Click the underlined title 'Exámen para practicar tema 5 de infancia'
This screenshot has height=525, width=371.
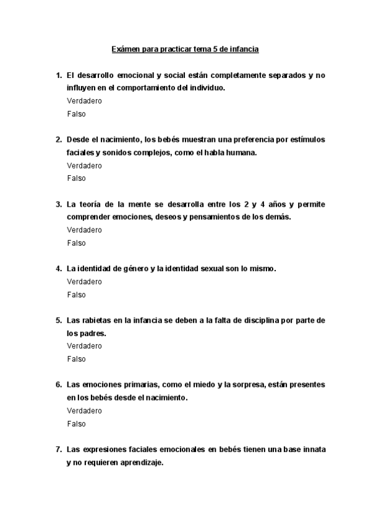(x=185, y=48)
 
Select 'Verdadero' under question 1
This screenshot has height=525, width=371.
(x=84, y=101)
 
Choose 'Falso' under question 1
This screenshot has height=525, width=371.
(x=76, y=114)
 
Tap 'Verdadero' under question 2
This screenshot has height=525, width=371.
(x=84, y=165)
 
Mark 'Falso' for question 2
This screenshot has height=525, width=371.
(x=76, y=178)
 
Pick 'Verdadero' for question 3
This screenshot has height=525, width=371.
(x=84, y=230)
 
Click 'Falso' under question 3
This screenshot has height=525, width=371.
(x=76, y=243)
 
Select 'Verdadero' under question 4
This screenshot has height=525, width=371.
(x=84, y=282)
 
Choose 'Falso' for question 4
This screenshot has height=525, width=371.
(x=76, y=295)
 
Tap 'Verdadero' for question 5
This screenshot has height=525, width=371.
(x=84, y=346)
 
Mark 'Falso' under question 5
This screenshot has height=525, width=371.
(x=76, y=359)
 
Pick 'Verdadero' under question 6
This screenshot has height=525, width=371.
(x=84, y=410)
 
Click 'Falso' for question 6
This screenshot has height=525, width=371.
(x=76, y=423)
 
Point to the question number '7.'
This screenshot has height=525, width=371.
(x=59, y=449)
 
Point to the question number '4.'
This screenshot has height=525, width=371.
(x=59, y=268)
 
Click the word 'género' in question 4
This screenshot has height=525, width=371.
(x=134, y=268)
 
